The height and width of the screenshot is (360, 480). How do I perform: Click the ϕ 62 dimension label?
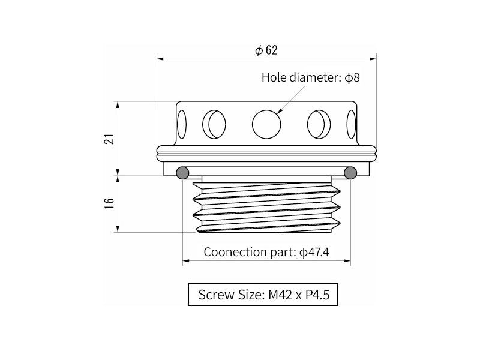(266, 50)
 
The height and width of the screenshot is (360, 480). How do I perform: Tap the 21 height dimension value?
(110, 139)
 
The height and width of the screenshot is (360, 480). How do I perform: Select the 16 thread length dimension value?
(110, 203)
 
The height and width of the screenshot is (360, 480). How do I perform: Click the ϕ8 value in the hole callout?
(352, 77)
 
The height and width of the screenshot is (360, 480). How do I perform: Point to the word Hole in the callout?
(274, 77)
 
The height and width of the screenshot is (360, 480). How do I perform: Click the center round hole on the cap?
(266, 124)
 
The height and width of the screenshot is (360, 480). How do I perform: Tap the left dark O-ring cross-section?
(182, 173)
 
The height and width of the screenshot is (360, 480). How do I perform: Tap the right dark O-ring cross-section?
(350, 173)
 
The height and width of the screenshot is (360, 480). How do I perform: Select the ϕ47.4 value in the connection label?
(314, 252)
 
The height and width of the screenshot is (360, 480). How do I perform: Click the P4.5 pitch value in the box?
(318, 295)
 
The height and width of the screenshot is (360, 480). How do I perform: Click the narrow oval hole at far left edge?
(182, 124)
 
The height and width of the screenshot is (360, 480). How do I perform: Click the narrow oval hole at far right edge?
(352, 124)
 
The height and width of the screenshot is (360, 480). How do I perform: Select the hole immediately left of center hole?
(214, 124)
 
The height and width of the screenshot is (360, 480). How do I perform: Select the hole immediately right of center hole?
(319, 124)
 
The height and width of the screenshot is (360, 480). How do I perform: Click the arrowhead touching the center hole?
(280, 112)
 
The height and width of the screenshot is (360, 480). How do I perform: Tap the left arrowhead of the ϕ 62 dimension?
(160, 59)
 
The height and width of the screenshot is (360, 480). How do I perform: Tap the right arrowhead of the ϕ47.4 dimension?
(347, 261)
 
